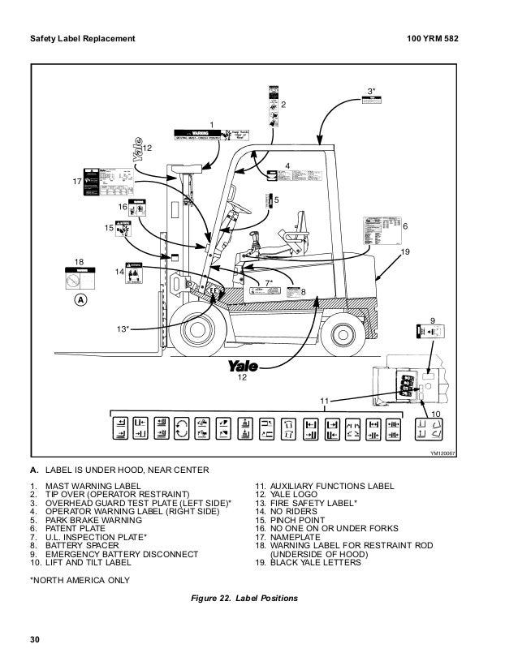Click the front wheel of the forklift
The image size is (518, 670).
(197, 329)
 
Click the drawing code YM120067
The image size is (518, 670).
(442, 453)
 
